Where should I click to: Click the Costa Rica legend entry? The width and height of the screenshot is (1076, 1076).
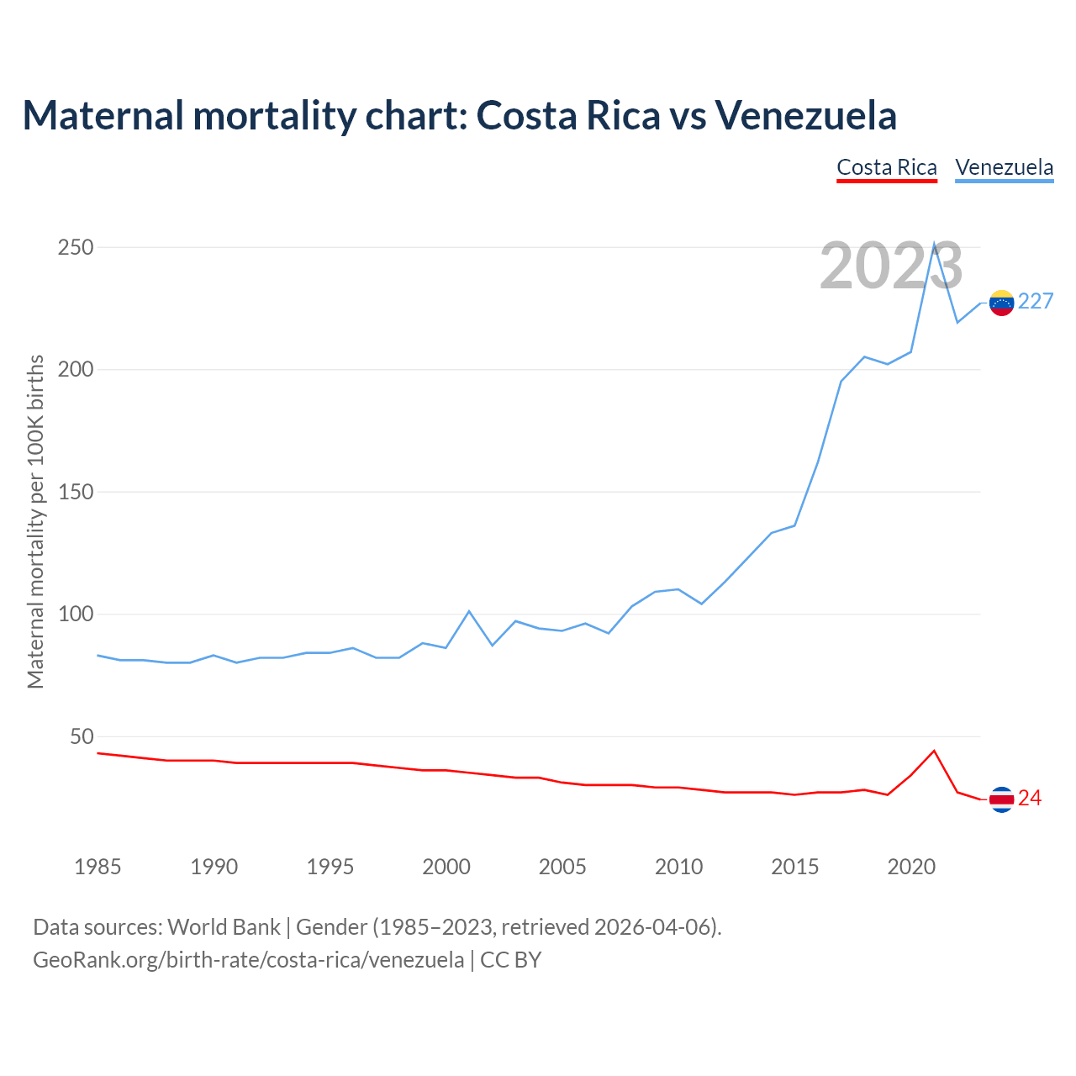[x=887, y=167]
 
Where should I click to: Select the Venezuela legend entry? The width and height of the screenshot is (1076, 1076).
[x=1005, y=167]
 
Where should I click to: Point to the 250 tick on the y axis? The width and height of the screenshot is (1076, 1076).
[x=76, y=248]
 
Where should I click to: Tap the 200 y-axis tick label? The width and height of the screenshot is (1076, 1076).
[x=76, y=370]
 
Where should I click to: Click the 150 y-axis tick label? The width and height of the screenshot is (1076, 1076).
[x=76, y=493]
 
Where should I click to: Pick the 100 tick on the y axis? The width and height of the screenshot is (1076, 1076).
[x=76, y=614]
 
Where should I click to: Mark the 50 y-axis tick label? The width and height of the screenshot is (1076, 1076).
[x=82, y=737]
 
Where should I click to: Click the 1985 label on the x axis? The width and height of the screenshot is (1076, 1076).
[x=98, y=867]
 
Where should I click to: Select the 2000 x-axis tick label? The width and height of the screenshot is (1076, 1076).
[x=446, y=867]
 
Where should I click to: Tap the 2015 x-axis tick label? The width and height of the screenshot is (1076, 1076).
[x=794, y=867]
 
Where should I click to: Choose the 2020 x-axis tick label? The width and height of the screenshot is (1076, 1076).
[x=911, y=867]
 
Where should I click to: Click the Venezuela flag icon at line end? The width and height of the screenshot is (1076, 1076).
[x=1001, y=303]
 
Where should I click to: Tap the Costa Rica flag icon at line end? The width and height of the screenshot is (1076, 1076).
[x=1001, y=799]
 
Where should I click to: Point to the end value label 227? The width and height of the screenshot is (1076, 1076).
[x=1036, y=302]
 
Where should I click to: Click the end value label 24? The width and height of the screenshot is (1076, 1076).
[x=1030, y=799]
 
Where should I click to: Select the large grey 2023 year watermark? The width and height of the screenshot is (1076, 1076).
[x=891, y=266]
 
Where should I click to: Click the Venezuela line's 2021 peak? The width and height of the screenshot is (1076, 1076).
[x=934, y=245]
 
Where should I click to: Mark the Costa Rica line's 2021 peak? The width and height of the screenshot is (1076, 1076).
[x=934, y=751]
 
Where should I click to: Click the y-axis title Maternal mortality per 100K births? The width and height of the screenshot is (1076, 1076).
[x=35, y=521]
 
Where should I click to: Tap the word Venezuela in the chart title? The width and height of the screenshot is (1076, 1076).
[x=806, y=115]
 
